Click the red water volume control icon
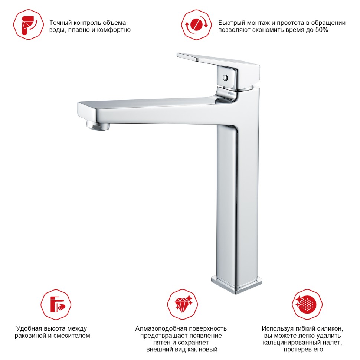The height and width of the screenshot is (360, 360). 28,24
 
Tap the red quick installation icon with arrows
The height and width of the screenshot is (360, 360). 196,24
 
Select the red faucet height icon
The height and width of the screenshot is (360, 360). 56,304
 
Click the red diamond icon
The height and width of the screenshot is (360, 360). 183,304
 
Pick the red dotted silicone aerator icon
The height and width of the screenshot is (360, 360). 307,304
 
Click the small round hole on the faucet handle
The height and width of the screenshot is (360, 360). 225,78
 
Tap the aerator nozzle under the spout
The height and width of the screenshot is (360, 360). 98,126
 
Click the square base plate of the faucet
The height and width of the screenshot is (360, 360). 237,285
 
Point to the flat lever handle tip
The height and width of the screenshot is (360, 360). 178,55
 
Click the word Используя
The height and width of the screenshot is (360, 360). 276,329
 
